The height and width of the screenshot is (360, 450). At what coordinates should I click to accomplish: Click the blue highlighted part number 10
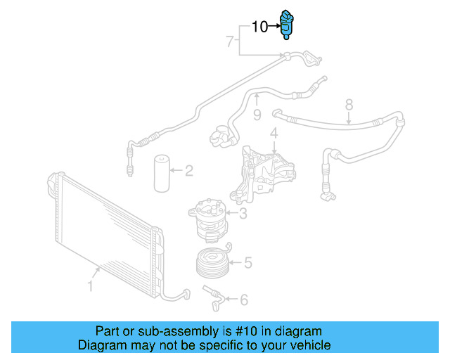[287, 25]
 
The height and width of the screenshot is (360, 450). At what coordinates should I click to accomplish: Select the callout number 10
[259, 27]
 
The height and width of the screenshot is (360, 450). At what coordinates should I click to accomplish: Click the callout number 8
[349, 105]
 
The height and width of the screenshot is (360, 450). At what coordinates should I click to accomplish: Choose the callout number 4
[274, 133]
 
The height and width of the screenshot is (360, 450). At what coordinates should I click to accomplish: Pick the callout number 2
[188, 169]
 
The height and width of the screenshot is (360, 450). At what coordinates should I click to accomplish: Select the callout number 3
[243, 214]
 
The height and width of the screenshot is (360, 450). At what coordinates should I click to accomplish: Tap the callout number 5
[247, 264]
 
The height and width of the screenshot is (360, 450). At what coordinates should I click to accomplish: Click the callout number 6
[243, 300]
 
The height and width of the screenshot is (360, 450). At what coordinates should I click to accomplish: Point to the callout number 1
[90, 285]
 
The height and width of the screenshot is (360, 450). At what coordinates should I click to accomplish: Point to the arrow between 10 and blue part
[274, 27]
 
